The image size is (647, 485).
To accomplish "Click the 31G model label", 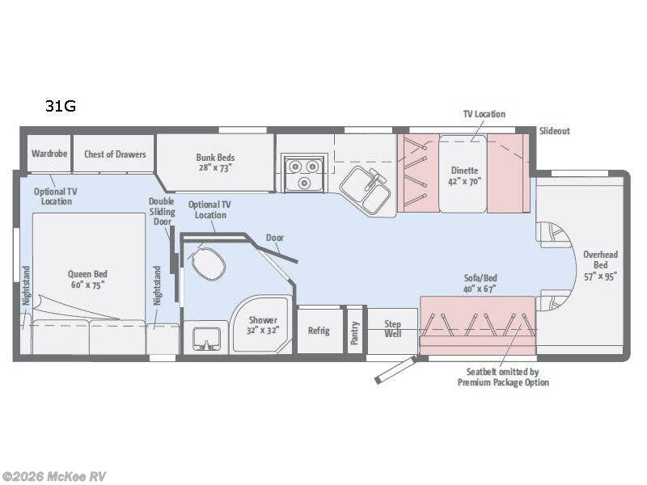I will pyautogui.click(x=61, y=106).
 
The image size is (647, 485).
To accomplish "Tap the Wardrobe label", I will pyautogui.click(x=49, y=154).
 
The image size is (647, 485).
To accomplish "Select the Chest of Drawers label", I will pyautogui.click(x=115, y=154).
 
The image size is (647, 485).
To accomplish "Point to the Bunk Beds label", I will pyautogui.click(x=214, y=162).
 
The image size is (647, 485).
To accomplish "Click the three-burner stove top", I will pyautogui.click(x=303, y=173).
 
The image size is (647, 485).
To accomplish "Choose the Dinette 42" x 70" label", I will pyautogui.click(x=464, y=176).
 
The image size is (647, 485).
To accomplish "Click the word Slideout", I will pyautogui.click(x=554, y=131).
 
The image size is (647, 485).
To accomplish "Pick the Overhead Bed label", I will pyautogui.click(x=600, y=264).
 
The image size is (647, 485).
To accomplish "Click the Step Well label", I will pyautogui.click(x=391, y=329).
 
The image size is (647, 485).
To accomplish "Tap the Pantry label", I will pyautogui.click(x=355, y=331).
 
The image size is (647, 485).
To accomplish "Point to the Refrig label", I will pyautogui.click(x=319, y=330).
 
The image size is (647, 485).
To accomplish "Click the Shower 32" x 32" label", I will pyautogui.click(x=263, y=325).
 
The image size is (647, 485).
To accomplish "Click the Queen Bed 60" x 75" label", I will pyautogui.click(x=87, y=279).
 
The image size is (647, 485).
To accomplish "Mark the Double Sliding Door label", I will pyautogui.click(x=161, y=211).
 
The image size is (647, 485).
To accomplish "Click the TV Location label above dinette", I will pyautogui.click(x=484, y=115).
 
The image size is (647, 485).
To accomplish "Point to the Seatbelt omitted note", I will pyautogui.click(x=502, y=377).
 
